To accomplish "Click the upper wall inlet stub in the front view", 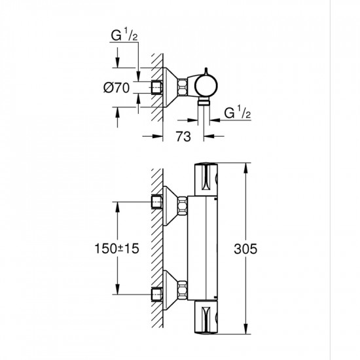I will pyautogui.click(x=156, y=202).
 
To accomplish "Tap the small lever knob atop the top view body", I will pyautogui.click(x=204, y=71).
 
